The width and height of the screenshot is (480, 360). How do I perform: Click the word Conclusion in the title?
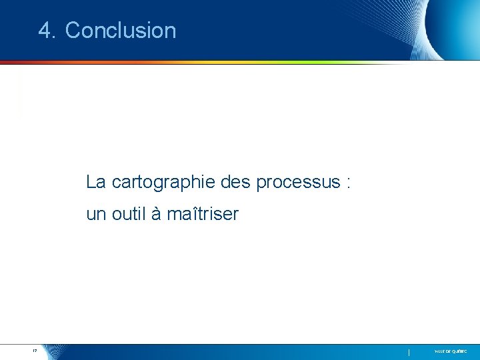click(121, 31)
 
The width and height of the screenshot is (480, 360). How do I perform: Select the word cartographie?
click(155, 181)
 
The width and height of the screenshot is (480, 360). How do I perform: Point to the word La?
click(95, 181)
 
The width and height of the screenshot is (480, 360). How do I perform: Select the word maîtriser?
click(203, 215)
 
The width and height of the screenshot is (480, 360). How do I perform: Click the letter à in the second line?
click(156, 215)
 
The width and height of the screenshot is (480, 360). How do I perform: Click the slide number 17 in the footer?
click(33, 350)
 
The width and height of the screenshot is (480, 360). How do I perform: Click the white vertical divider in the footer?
click(409, 351)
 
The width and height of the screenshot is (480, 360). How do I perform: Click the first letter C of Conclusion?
click(73, 31)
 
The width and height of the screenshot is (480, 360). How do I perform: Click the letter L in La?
click(91, 181)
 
